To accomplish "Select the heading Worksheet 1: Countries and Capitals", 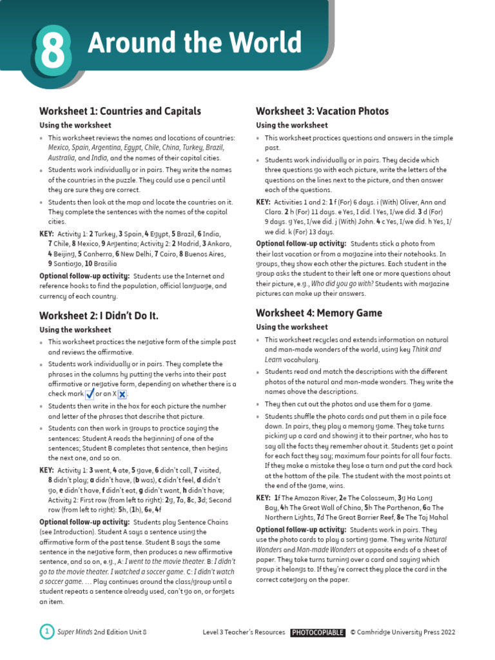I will pyautogui.click(x=120, y=111).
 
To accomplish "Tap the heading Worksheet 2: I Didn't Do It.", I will pyautogui.click(x=99, y=315).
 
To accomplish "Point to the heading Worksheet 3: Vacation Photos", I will pyautogui.click(x=322, y=111).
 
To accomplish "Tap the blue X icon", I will pyautogui.click(x=121, y=394).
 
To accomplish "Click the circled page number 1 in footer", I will pyautogui.click(x=47, y=632).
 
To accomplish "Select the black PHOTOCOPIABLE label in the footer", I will pyautogui.click(x=317, y=632).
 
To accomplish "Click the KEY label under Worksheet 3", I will pyautogui.click(x=263, y=202).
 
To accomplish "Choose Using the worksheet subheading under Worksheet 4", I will pyautogui.click(x=292, y=327).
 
